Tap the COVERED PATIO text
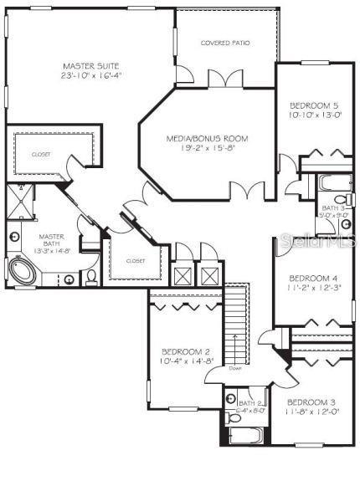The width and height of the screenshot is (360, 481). click(226, 43)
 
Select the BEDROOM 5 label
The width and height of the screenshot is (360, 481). click(314, 105)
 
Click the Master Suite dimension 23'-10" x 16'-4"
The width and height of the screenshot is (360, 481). click(91, 75)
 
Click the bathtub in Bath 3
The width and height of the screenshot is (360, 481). click(334, 182)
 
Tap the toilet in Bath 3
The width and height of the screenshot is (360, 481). click(349, 198)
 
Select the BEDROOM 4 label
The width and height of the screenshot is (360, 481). click(312, 279)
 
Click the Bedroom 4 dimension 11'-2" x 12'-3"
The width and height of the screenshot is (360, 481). click(312, 289)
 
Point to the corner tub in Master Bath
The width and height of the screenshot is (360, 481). click(25, 271)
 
